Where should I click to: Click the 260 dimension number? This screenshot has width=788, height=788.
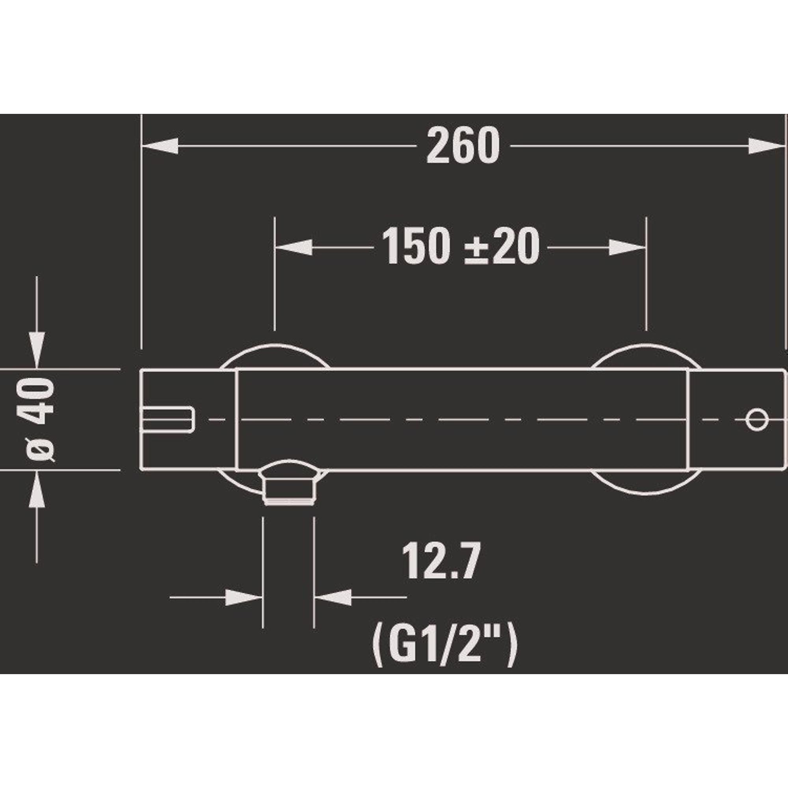point(463,146)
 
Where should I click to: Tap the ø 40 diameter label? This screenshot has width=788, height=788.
point(40,420)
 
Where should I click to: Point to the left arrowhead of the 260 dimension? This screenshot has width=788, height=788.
point(160,146)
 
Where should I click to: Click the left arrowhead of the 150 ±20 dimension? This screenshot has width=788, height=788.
point(294,247)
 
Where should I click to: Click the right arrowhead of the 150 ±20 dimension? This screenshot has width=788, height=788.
point(627,247)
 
